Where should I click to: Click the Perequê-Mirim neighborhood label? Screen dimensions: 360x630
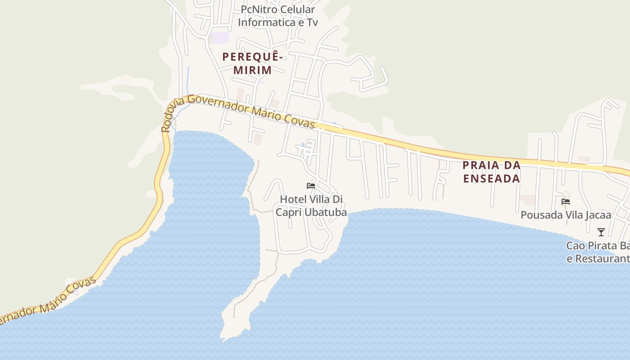point(252,63)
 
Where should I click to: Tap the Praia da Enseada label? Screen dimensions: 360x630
point(491,171)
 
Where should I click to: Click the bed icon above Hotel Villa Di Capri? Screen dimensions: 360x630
point(310,185)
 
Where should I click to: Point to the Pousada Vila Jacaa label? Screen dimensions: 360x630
point(566,215)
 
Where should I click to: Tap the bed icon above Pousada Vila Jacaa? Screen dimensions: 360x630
point(566,202)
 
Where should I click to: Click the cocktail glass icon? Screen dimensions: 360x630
point(601,232)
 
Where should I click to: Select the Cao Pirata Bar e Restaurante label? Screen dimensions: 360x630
point(598,252)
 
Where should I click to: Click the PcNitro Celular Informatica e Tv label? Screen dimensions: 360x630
point(278,16)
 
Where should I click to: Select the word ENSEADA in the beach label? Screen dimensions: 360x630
point(491,178)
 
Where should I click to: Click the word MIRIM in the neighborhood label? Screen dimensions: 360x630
point(252,70)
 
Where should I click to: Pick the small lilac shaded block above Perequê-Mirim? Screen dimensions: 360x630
point(220,38)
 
